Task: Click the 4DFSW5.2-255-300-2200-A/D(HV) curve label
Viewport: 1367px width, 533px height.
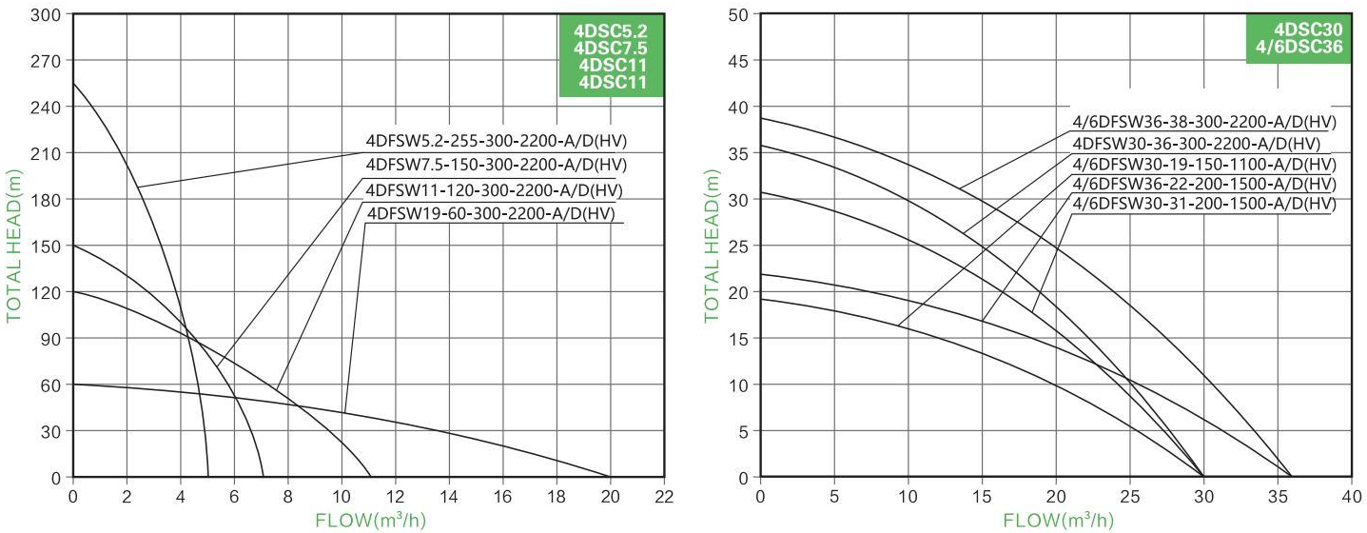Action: tap(497, 142)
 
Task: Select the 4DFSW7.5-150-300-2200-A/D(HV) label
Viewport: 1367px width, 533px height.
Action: tap(497, 165)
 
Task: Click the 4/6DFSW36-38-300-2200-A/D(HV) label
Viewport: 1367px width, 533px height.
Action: tap(1203, 122)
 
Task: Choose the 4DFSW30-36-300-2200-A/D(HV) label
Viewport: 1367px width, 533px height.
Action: tap(1196, 144)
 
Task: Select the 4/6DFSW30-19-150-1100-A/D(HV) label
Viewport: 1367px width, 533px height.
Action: tap(1203, 164)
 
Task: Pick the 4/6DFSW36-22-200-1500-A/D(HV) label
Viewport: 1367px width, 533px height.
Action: tap(1203, 184)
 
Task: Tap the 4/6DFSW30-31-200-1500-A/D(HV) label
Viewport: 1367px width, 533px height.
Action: tap(1203, 204)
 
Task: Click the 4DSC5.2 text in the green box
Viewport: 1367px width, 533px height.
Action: tap(610, 30)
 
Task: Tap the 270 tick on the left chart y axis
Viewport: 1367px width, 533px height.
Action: tap(47, 61)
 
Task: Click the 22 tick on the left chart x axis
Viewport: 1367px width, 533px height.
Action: tap(664, 496)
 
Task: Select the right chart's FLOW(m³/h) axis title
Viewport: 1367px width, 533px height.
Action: tap(1057, 520)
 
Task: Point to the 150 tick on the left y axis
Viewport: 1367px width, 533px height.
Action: tap(47, 246)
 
